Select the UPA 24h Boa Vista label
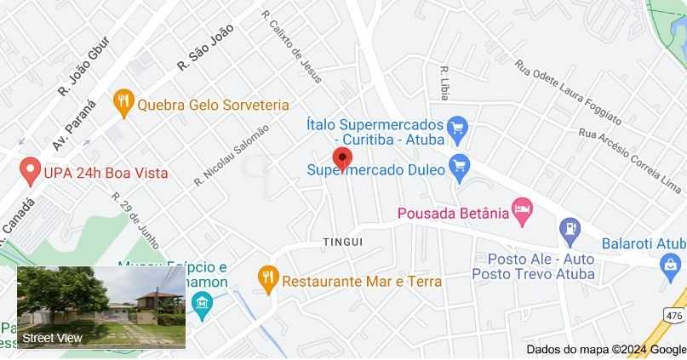(106, 173)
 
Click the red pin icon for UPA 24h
(30, 172)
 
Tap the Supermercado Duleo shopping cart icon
(460, 166)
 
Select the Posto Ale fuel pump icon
(569, 227)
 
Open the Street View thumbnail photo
(101, 307)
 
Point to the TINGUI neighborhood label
(343, 243)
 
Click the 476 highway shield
(674, 316)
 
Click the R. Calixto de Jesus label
(292, 46)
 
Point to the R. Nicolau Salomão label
(231, 154)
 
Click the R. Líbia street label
(444, 82)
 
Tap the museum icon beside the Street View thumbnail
(203, 304)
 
